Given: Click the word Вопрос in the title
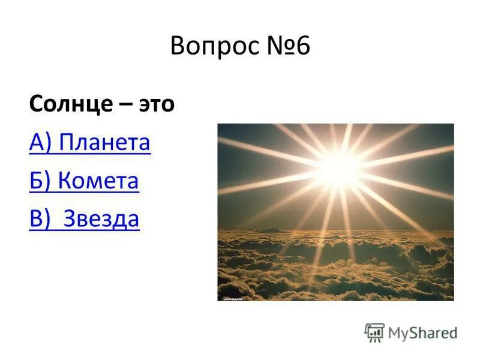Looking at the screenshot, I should pyautogui.click(x=214, y=46).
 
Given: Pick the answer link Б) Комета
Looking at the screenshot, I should pyautogui.click(x=84, y=181).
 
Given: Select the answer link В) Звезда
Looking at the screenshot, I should pyautogui.click(x=84, y=219).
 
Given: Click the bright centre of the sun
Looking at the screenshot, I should pyautogui.click(x=340, y=161).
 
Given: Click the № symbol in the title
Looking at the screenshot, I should pyautogui.click(x=279, y=46).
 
